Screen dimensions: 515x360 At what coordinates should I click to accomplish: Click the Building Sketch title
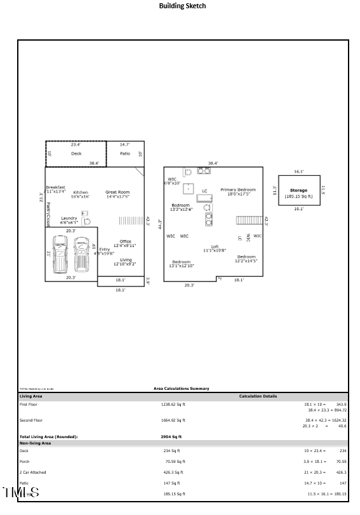[x=182, y=6]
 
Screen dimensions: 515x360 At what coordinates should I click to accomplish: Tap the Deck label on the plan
[x=76, y=154]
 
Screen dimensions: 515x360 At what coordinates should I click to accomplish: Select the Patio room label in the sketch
[x=125, y=154]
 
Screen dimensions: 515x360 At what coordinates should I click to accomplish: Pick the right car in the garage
[x=81, y=254]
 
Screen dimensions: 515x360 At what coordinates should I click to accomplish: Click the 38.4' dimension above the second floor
[x=213, y=163]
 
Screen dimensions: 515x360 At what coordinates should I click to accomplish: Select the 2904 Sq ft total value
[x=171, y=437]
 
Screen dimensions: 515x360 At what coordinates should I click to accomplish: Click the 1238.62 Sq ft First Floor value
[x=173, y=404]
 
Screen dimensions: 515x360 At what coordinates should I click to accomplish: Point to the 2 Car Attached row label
[x=32, y=472]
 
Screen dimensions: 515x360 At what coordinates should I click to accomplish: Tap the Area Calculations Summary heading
[x=181, y=389]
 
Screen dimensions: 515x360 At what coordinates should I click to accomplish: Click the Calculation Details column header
[x=258, y=396]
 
